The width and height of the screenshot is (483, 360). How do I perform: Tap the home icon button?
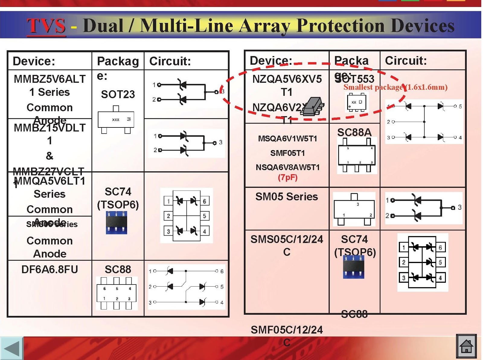[466, 346]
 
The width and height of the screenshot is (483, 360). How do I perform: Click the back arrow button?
[11, 348]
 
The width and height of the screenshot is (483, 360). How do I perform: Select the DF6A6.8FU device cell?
[50, 269]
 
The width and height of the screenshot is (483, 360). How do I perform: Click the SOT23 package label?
[118, 95]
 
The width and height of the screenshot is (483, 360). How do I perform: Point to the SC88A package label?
[354, 132]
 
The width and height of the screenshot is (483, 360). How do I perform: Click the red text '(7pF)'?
[288, 177]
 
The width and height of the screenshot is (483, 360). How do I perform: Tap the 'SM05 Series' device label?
[286, 197]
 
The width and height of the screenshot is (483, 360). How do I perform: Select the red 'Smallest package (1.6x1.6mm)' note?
[395, 87]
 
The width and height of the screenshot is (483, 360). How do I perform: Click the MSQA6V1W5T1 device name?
[287, 139]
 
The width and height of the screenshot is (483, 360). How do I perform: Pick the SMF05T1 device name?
[287, 153]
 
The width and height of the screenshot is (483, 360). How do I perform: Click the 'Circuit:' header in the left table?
[170, 61]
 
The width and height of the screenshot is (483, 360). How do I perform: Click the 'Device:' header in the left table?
[34, 61]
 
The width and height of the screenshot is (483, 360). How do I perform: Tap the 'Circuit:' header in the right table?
[406, 61]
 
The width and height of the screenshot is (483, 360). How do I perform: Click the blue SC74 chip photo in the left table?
[117, 223]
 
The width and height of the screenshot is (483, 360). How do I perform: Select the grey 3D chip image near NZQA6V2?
[313, 107]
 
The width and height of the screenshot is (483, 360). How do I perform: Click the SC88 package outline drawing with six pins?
[117, 293]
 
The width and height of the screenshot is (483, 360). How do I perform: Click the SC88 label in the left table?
[118, 269]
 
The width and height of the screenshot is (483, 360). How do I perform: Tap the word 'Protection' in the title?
[341, 26]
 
